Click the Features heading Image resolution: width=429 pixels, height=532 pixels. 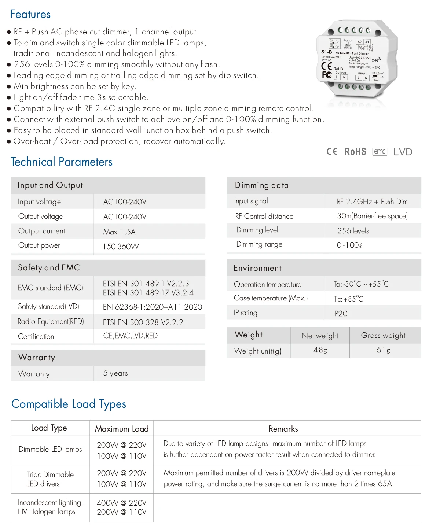tap(30, 14)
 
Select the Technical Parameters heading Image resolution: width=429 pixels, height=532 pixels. tap(62, 162)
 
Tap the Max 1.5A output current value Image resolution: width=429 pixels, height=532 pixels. tap(120, 232)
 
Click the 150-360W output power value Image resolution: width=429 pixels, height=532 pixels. tap(121, 247)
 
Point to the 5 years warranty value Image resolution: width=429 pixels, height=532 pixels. tap(115, 373)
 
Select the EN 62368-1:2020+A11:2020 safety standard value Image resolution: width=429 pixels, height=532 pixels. tap(153, 307)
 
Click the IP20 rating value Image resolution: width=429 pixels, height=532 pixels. tap(340, 314)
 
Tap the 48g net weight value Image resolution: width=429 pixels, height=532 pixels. tap(320, 350)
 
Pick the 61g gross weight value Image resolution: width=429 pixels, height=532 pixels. tap(383, 350)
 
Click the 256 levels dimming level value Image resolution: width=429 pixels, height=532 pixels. tap(353, 231)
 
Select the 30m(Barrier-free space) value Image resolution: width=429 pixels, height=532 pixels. tap(372, 216)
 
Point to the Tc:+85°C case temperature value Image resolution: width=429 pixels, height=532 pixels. tap(348, 299)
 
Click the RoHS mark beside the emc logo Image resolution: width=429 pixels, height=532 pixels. tap(355, 152)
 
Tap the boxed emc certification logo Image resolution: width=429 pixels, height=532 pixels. tap(379, 152)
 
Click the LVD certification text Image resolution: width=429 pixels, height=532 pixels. tap(403, 152)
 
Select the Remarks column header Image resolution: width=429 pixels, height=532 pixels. tap(283, 429)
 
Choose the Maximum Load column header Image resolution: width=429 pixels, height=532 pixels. tap(122, 429)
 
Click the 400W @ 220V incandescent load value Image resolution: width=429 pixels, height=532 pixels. tap(122, 503)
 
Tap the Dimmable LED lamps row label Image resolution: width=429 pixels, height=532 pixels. tap(50, 450)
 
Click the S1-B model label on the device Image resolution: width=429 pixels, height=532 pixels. tap(326, 52)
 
